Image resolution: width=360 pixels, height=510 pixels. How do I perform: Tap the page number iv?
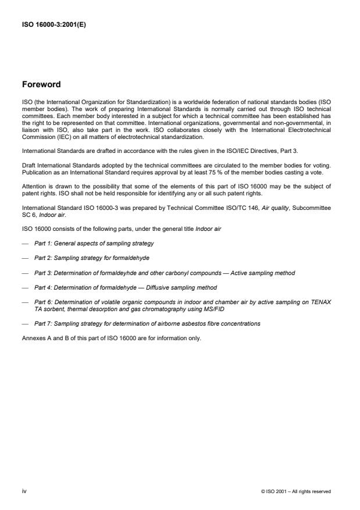pyautogui.click(x=24, y=491)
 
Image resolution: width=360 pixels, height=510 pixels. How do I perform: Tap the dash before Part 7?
pyautogui.click(x=24, y=323)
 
